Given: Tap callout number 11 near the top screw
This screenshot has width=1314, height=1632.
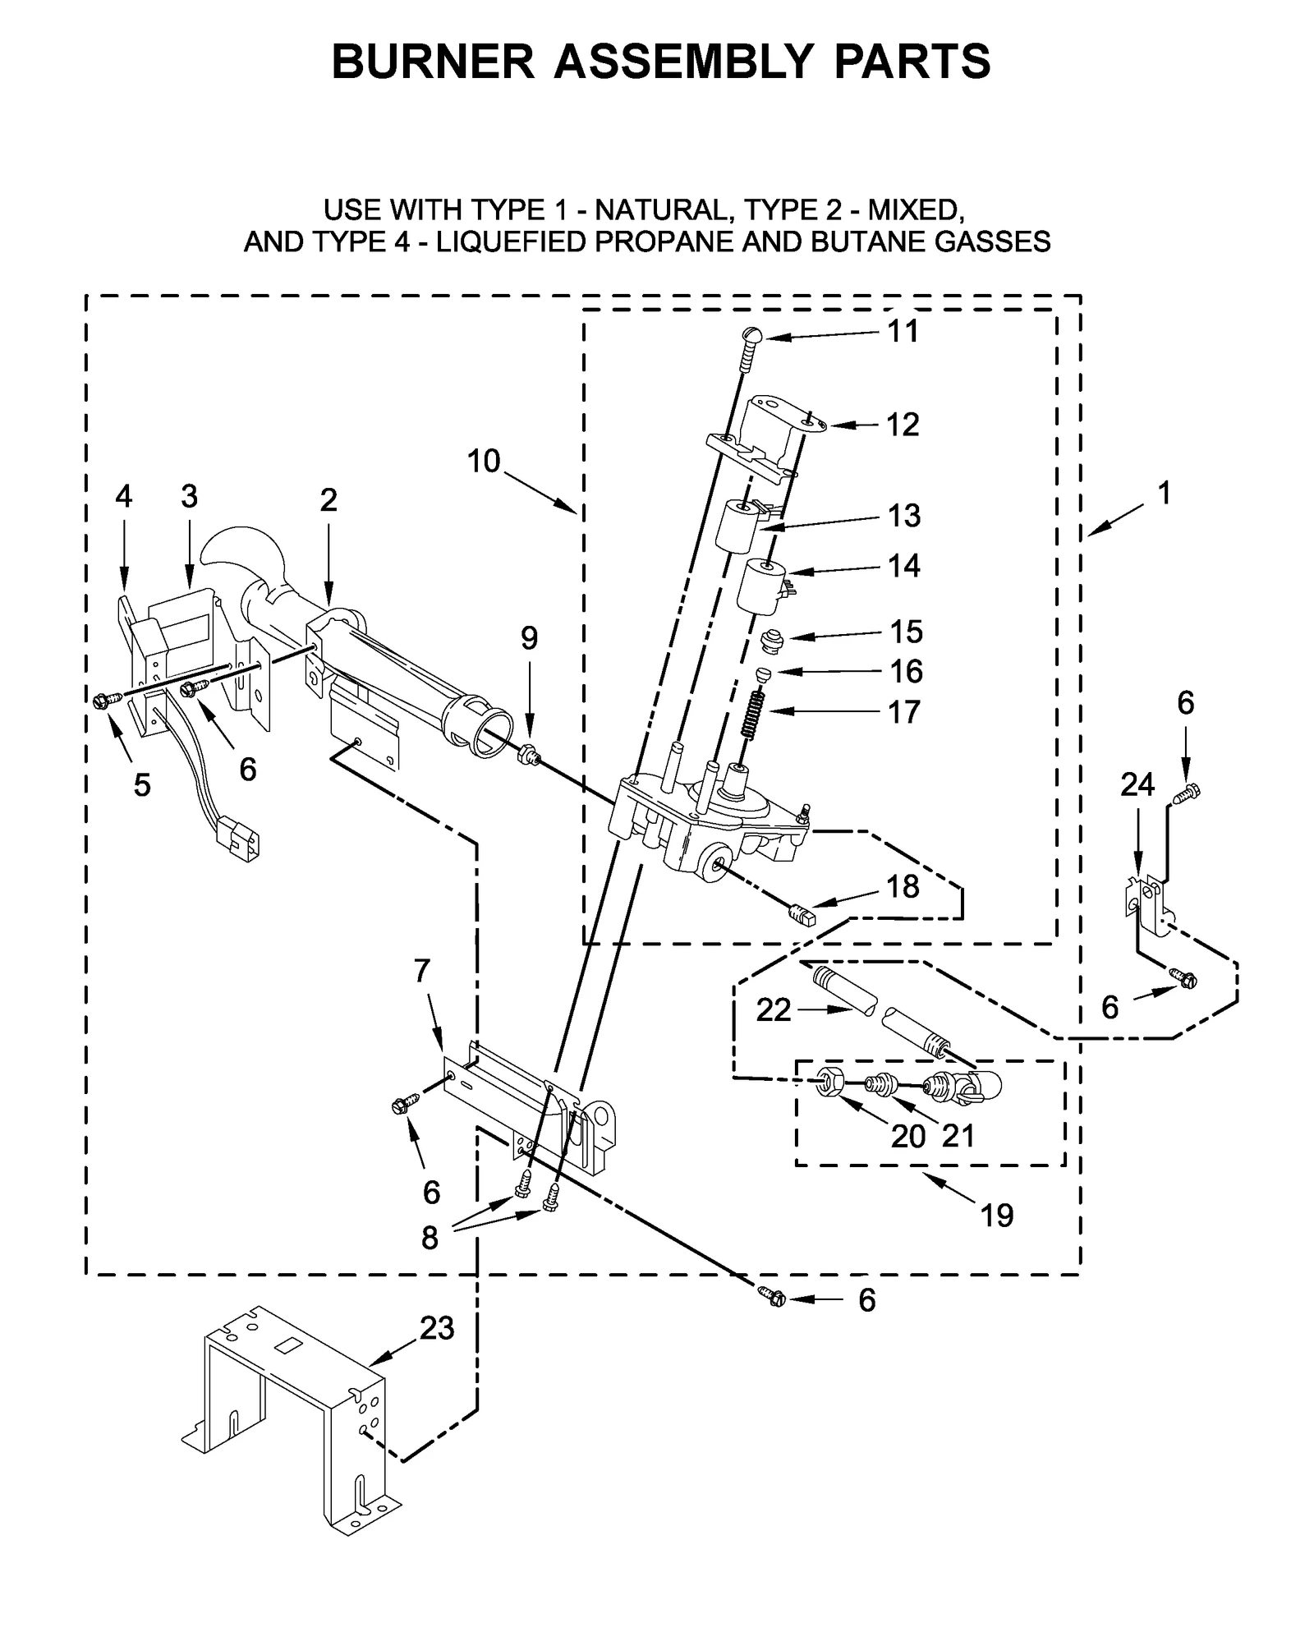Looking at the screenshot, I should (x=903, y=332).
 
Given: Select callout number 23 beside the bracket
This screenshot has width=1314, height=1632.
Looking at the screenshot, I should (x=437, y=1327).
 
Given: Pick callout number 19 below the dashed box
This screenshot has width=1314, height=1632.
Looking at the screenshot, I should (x=997, y=1214).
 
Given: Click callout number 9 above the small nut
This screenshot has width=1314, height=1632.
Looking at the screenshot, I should (x=529, y=638).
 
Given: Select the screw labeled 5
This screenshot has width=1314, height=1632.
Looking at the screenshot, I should (x=103, y=699).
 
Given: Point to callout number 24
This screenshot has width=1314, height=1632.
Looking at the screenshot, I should (x=1137, y=786).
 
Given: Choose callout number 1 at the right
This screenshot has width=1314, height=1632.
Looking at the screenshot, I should (x=1164, y=493).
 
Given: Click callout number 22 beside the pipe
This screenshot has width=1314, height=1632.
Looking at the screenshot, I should (x=773, y=1009).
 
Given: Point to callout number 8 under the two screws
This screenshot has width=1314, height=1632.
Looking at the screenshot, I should (x=430, y=1237).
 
